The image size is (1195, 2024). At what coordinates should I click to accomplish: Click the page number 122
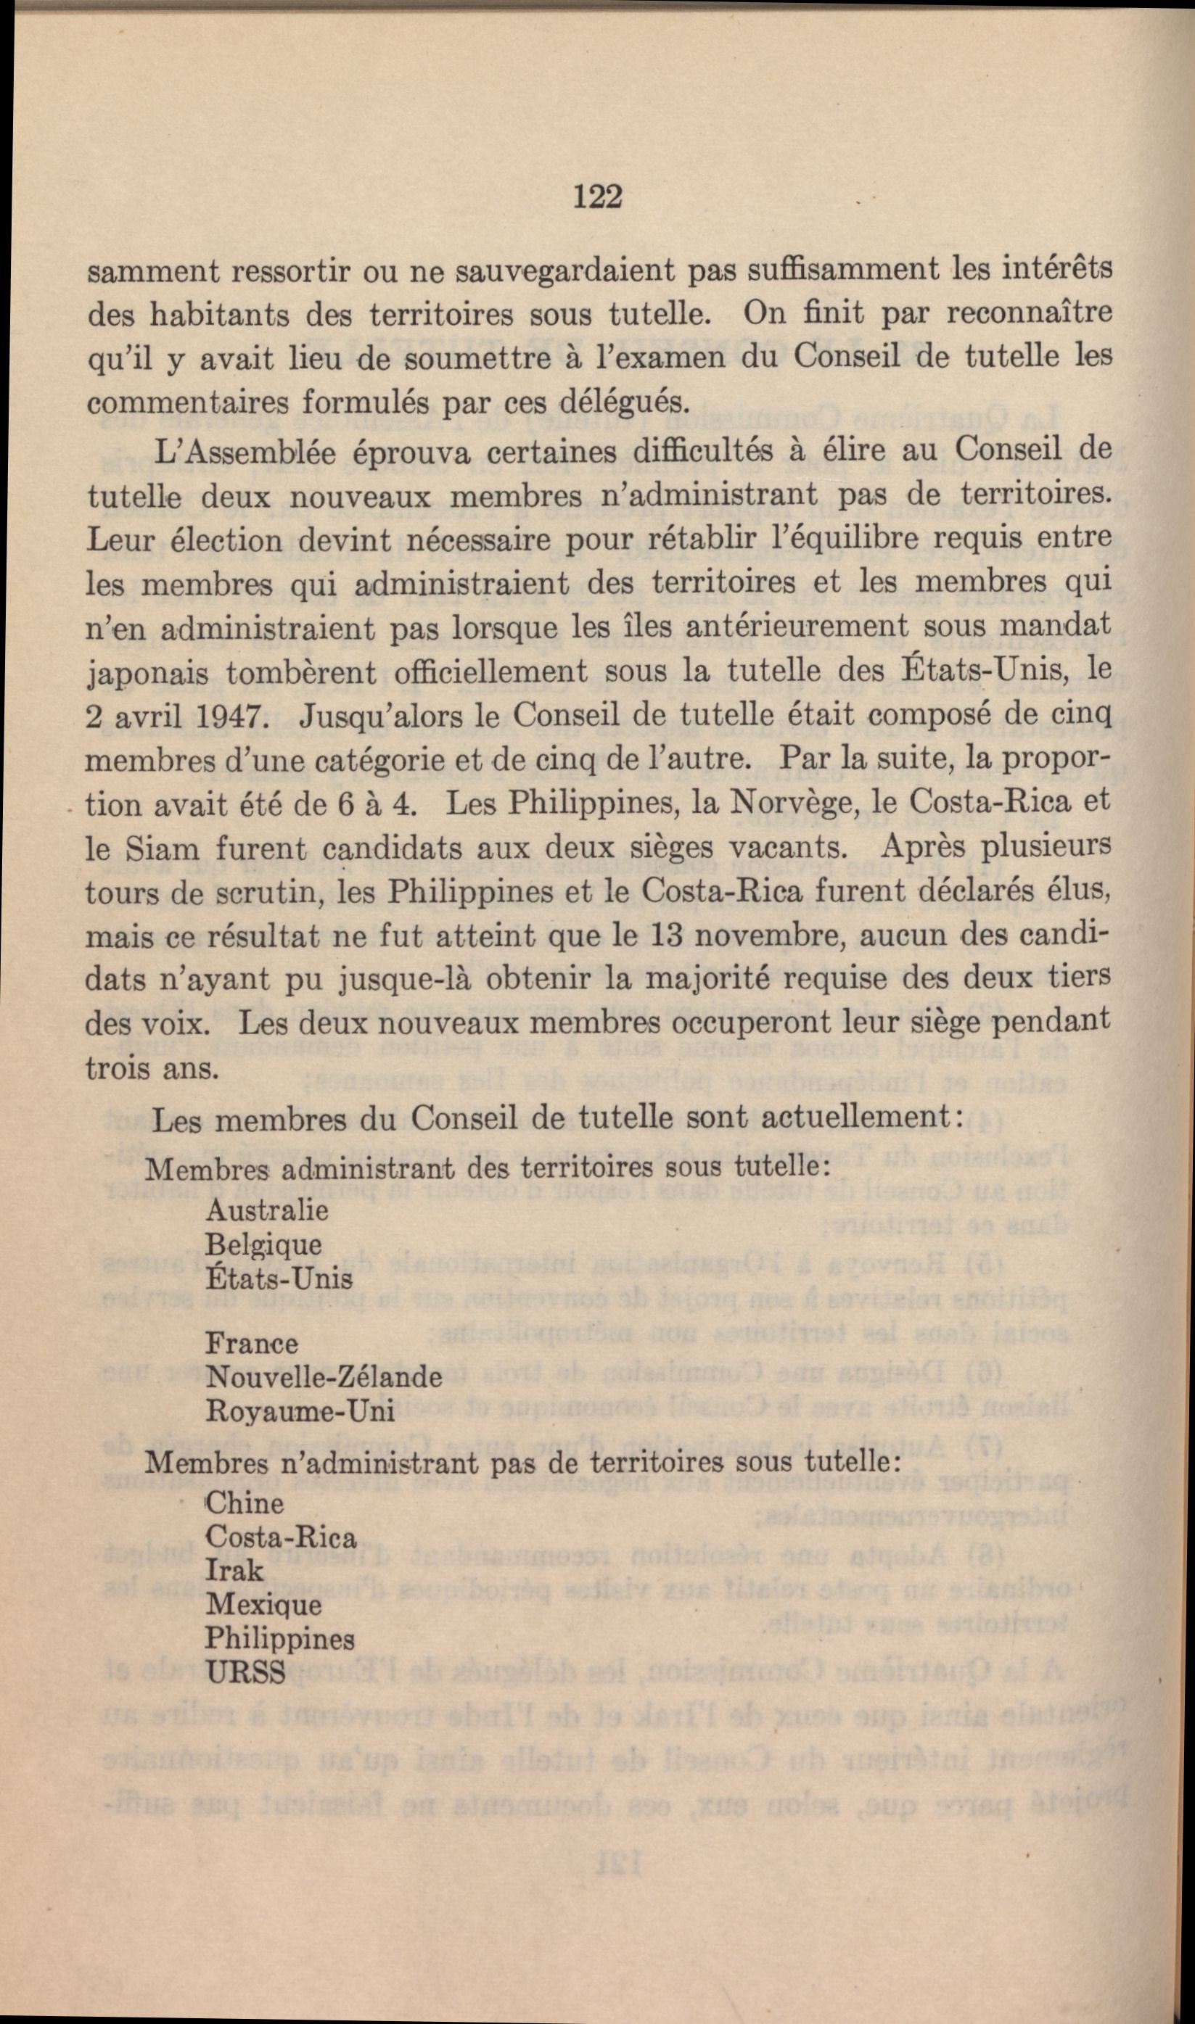click(x=598, y=197)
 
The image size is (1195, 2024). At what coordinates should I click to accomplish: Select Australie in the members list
click(x=266, y=1210)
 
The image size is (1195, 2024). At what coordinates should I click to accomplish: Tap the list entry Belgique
click(x=263, y=1245)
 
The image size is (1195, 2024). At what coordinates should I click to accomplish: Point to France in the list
click(x=251, y=1343)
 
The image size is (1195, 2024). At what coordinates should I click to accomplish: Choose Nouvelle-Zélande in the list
click(x=324, y=1377)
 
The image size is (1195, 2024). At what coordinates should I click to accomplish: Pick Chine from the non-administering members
click(x=245, y=1503)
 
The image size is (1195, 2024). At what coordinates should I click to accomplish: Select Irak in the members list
click(x=234, y=1570)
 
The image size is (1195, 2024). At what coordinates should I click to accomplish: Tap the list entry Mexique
click(x=263, y=1605)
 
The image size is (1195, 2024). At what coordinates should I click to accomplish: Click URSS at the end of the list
click(x=246, y=1673)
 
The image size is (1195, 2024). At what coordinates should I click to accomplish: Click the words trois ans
click(x=152, y=1069)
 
